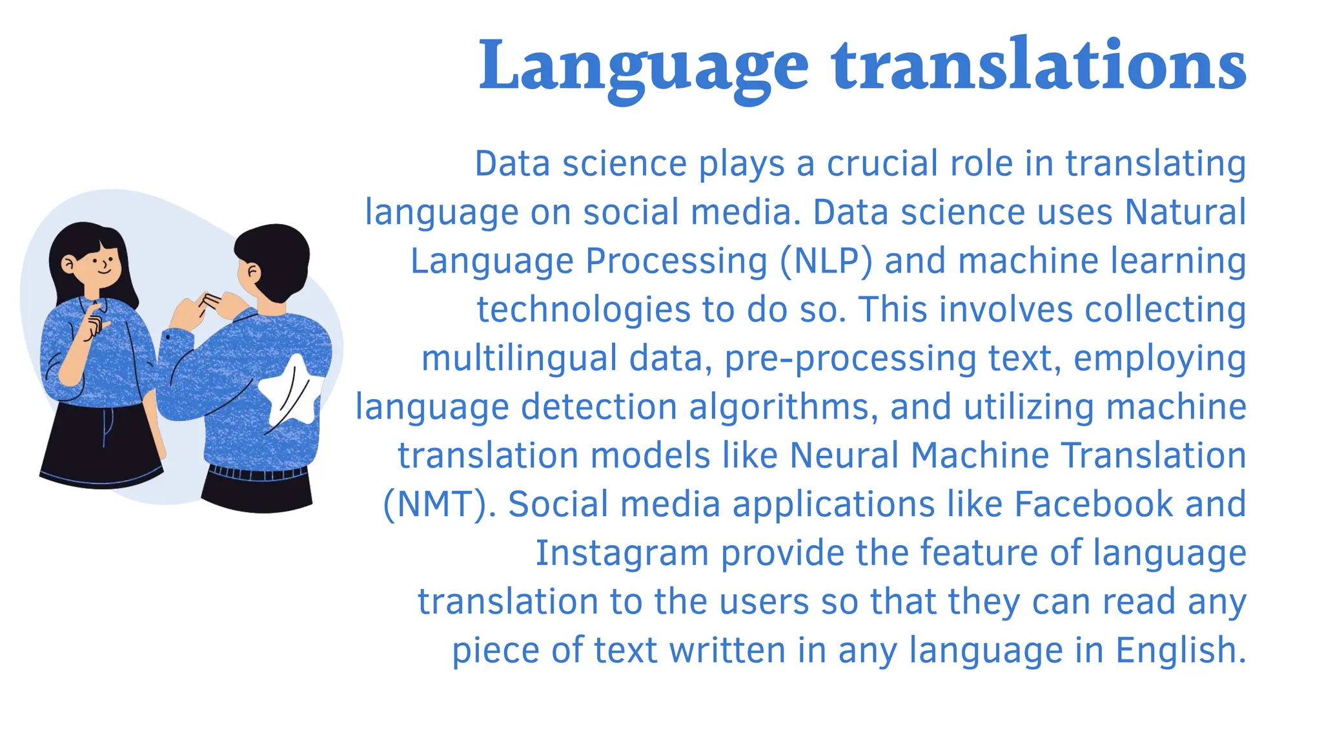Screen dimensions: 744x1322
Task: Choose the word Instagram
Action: (622, 553)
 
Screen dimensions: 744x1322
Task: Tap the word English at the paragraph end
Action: (1181, 650)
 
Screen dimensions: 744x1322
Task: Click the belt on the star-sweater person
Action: (258, 473)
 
